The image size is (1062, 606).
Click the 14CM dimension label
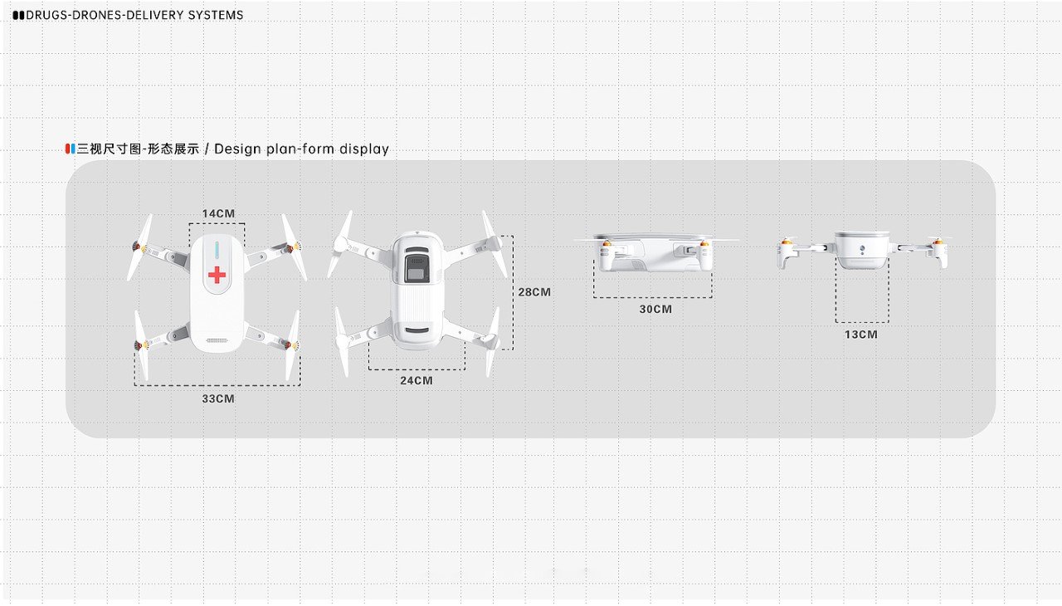click(x=218, y=213)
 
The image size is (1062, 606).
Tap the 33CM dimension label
click(x=218, y=398)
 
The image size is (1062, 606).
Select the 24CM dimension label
click(x=417, y=380)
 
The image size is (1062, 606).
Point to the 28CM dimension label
click(x=534, y=292)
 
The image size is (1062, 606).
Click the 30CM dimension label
click(x=655, y=309)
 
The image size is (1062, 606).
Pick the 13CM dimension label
click(x=861, y=335)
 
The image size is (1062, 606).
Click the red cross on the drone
click(x=217, y=275)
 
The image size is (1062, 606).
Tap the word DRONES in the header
click(x=96, y=15)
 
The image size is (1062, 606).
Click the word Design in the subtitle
click(x=238, y=149)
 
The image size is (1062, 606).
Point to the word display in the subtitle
click(x=363, y=149)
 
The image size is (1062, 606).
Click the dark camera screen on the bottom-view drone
click(x=415, y=270)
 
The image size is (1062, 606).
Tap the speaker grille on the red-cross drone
click(x=217, y=340)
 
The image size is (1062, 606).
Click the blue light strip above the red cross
click(x=217, y=250)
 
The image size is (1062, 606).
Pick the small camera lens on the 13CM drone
click(x=862, y=249)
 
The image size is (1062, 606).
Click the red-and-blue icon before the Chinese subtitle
click(x=71, y=149)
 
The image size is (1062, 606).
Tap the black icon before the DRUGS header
click(x=18, y=15)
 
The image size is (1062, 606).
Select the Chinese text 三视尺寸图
click(x=108, y=149)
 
